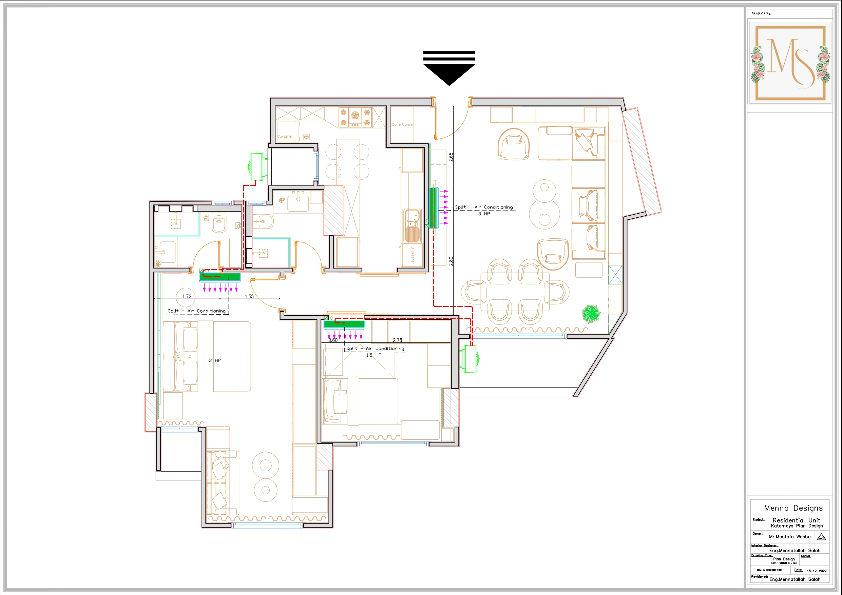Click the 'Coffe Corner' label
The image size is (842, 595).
point(402,125)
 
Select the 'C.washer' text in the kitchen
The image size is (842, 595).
point(285,136)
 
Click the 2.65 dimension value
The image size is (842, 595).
point(451,157)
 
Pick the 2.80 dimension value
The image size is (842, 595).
point(451,261)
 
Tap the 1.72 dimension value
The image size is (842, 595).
point(187,296)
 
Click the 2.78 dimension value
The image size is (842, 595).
point(398,340)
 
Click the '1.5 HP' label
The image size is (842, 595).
point(374,355)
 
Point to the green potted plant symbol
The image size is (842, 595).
point(591,314)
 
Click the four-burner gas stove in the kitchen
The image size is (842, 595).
point(355,117)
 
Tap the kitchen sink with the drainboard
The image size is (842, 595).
point(412,226)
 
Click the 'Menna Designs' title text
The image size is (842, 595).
point(793,508)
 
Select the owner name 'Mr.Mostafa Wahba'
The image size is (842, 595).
point(789,536)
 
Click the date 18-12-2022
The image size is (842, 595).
point(817,571)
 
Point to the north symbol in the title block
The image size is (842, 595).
point(821,537)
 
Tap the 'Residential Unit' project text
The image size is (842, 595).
point(796,520)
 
